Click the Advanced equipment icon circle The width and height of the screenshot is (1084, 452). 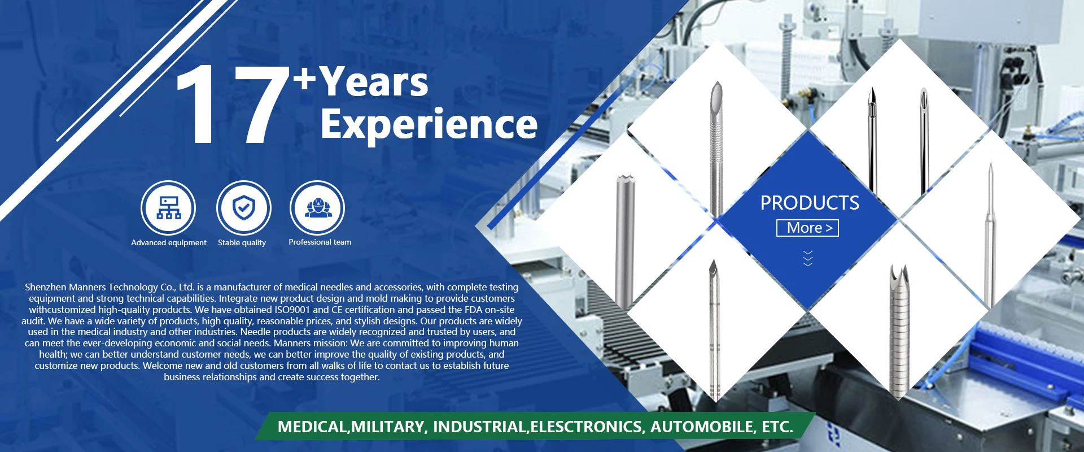click(168, 208)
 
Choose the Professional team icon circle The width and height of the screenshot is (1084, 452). click(317, 207)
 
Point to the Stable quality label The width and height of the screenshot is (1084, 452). click(242, 242)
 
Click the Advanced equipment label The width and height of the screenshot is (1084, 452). click(169, 242)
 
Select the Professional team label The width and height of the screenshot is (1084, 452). click(320, 242)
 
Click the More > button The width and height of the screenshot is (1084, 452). click(808, 228)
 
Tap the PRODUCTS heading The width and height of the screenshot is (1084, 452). click(810, 203)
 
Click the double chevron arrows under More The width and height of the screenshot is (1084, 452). click(808, 258)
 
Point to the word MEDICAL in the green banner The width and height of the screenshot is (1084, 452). click(312, 427)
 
